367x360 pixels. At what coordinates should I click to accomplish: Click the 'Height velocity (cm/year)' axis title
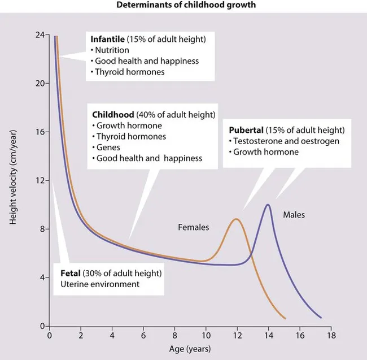13,181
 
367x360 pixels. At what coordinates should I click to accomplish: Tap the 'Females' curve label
194,227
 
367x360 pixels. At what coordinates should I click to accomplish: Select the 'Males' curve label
294,214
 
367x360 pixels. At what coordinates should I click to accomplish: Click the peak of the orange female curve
237,219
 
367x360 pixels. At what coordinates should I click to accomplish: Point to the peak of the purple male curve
268,205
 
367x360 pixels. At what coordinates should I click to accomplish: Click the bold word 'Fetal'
72,274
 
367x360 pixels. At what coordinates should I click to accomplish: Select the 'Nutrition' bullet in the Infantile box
112,50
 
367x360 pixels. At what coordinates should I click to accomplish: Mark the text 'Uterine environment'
100,284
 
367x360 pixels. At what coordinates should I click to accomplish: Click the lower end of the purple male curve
321,318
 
